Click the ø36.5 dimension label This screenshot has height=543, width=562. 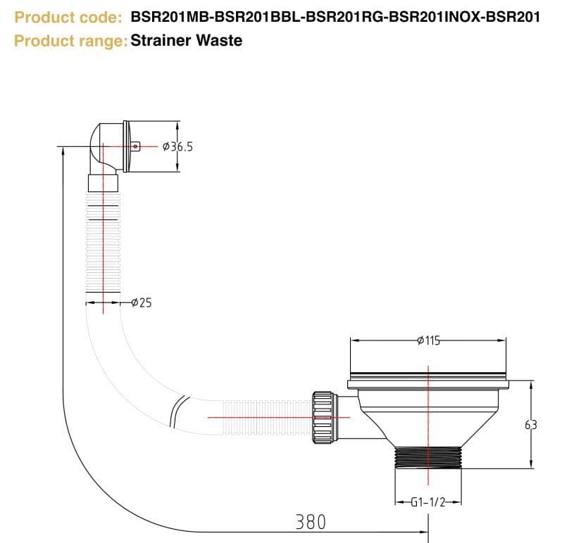click(x=177, y=147)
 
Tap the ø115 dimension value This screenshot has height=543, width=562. click(x=428, y=340)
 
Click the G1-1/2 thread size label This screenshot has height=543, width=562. click(x=427, y=502)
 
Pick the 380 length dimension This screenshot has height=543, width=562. click(x=311, y=522)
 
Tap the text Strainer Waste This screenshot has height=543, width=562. click(x=187, y=40)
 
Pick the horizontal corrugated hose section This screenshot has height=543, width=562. click(x=264, y=416)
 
